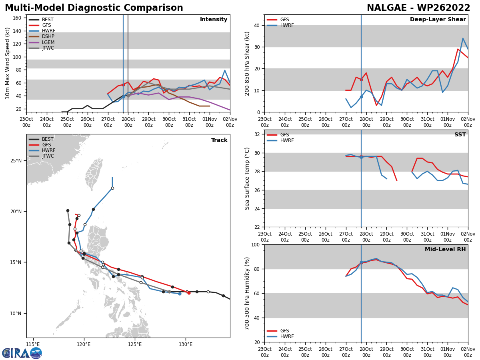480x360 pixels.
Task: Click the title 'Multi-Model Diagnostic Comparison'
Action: pyautogui.click(x=94, y=8)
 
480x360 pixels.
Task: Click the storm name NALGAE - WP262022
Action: pyautogui.click(x=418, y=8)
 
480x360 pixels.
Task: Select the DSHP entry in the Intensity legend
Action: pyautogui.click(x=48, y=36)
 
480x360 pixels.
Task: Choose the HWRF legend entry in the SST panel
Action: pyautogui.click(x=287, y=140)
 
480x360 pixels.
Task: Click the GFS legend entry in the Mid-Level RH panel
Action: pyautogui.click(x=284, y=331)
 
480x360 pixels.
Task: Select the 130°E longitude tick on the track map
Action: pyautogui.click(x=186, y=344)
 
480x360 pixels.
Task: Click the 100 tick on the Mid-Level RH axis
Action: pyautogui.click(x=256, y=244)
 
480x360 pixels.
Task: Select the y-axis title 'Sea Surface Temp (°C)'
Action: pyautogui.click(x=247, y=178)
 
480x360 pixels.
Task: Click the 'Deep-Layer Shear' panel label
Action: pyautogui.click(x=438, y=20)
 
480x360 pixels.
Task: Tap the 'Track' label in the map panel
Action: pyautogui.click(x=219, y=140)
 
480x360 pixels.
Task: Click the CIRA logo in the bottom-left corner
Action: pyautogui.click(x=22, y=353)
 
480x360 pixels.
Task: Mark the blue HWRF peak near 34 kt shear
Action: pyautogui.click(x=463, y=38)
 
